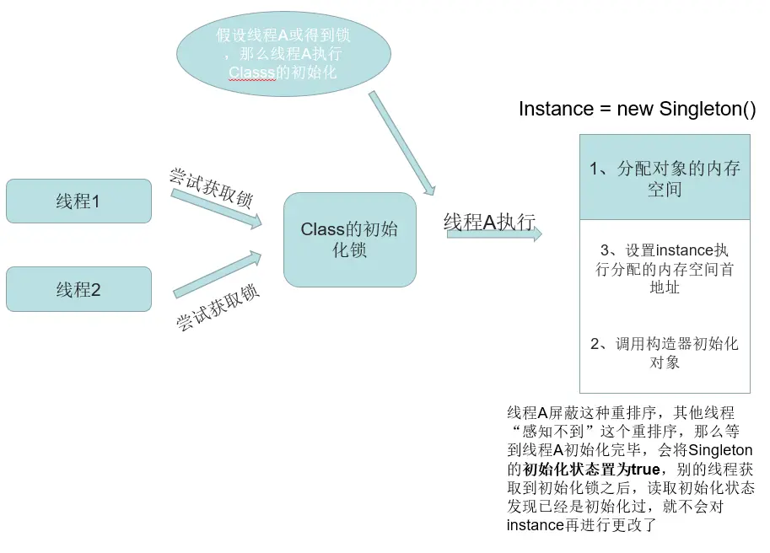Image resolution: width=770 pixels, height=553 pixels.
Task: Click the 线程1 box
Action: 78,201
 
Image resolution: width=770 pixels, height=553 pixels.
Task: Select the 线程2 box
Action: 78,290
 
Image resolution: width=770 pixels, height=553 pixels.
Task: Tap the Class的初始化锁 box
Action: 350,239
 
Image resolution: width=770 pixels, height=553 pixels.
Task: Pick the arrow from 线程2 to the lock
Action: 216,274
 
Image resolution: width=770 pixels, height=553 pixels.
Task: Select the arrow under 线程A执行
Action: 494,234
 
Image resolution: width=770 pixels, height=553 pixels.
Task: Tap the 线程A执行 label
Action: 489,222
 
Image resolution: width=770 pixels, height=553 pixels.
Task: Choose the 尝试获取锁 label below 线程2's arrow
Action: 218,308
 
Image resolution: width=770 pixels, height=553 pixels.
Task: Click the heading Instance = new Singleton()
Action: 637,110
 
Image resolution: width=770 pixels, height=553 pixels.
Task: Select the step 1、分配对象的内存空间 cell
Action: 665,178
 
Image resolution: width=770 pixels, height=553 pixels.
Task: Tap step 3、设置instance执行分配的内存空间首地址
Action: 665,269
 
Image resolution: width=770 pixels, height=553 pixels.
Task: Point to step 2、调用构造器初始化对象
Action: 665,353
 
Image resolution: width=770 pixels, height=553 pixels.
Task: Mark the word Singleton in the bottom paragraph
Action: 725,451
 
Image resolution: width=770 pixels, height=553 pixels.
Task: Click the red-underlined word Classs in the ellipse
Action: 252,72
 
